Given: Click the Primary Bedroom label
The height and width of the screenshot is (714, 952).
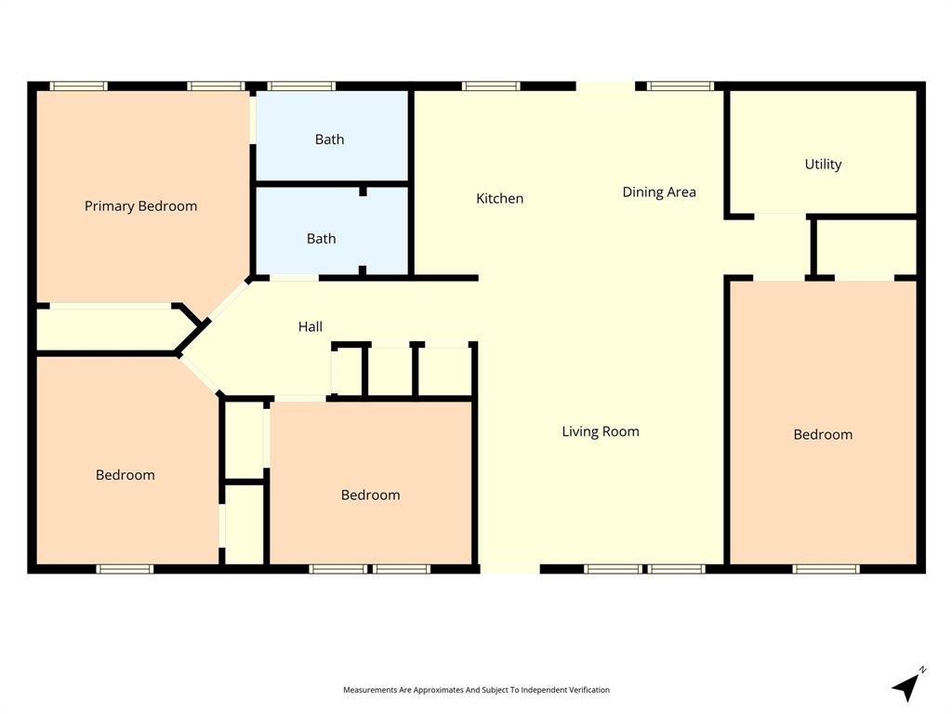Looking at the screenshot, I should [x=140, y=206].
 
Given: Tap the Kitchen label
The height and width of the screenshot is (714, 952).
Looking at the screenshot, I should [x=499, y=198].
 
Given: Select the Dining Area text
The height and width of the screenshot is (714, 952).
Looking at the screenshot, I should [x=658, y=192].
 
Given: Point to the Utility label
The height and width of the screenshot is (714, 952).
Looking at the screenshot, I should [x=823, y=165].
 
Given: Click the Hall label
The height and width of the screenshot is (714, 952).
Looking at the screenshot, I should [x=311, y=326].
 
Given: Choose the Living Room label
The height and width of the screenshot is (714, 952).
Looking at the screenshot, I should [x=600, y=431].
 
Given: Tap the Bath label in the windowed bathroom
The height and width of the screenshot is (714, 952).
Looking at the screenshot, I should [x=329, y=139].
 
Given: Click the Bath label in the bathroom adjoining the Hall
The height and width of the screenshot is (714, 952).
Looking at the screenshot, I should [x=321, y=239].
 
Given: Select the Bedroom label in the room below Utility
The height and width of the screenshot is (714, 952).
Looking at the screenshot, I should [x=822, y=434].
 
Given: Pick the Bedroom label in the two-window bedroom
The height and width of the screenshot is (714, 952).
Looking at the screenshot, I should [x=370, y=495].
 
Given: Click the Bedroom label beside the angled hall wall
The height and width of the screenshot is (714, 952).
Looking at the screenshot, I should [x=125, y=475].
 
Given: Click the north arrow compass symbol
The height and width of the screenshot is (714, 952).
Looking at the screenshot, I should [x=906, y=686].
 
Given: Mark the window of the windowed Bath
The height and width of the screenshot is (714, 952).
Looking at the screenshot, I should [x=301, y=86].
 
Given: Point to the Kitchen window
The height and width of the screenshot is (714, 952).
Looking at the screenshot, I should [x=491, y=86].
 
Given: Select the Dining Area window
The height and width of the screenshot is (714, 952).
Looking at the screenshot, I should [x=681, y=86].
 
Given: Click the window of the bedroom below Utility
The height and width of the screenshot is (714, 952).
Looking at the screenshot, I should [x=826, y=568].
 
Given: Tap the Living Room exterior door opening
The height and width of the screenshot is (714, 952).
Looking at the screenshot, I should [x=509, y=568].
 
